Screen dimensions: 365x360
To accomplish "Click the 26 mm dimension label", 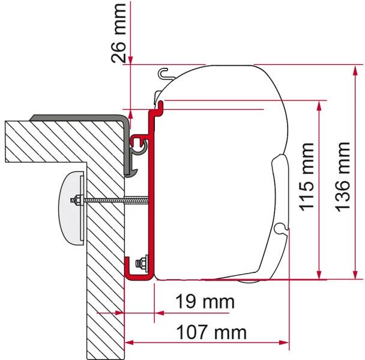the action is [x=118, y=33].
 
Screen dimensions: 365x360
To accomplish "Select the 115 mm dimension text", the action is [x=307, y=178].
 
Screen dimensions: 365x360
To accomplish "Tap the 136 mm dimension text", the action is [x=342, y=177].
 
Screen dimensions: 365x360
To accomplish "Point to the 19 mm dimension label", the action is [x=205, y=302].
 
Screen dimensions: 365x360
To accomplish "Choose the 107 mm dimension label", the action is [x=211, y=332].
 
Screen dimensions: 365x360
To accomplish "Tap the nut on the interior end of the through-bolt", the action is [x=77, y=200].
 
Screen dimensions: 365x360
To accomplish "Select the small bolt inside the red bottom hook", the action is [x=142, y=263].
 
